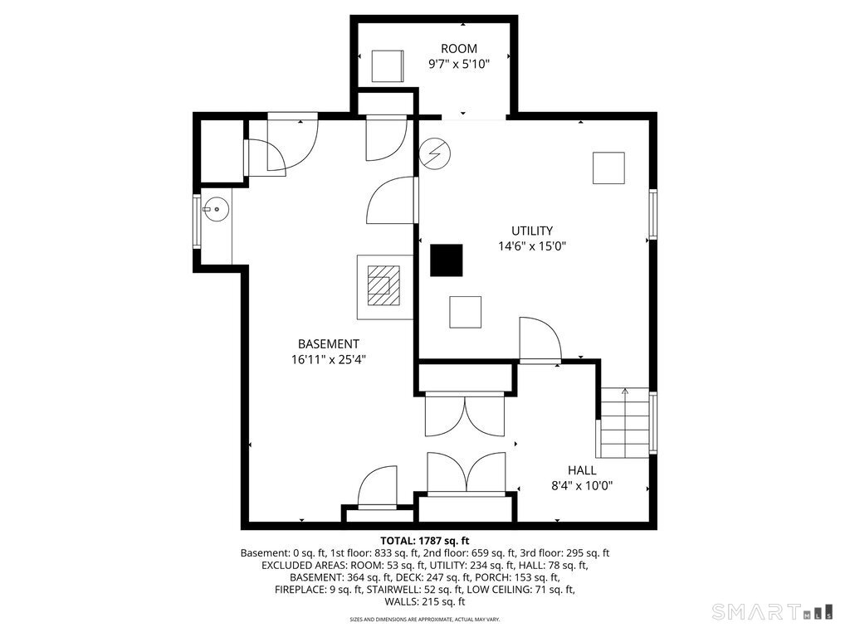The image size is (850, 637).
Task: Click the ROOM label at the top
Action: (x=458, y=49)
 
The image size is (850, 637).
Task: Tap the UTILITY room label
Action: (x=532, y=231)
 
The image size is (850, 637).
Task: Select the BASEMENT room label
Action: (x=329, y=344)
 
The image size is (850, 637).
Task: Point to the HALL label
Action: (x=582, y=470)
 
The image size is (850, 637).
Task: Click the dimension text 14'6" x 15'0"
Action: (x=532, y=246)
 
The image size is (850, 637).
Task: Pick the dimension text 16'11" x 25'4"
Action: (x=329, y=360)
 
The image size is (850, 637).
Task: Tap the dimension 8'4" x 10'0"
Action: (x=582, y=486)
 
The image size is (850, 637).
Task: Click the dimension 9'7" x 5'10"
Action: (x=458, y=65)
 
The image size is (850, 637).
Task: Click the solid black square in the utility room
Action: (x=447, y=260)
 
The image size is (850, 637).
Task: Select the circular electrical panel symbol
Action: (x=435, y=153)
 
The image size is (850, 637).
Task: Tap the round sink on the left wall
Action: (x=217, y=209)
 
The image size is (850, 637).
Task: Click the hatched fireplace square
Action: (x=383, y=285)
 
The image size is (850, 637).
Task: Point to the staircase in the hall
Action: (x=625, y=422)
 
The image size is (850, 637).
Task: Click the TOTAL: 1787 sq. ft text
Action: (x=424, y=541)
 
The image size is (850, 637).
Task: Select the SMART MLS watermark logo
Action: (x=773, y=611)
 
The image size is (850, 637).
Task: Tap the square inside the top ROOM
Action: (x=387, y=66)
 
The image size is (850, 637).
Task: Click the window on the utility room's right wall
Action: (x=653, y=214)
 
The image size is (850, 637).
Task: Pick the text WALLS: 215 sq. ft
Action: (x=424, y=602)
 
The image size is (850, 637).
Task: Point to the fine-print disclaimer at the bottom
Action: (x=424, y=620)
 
